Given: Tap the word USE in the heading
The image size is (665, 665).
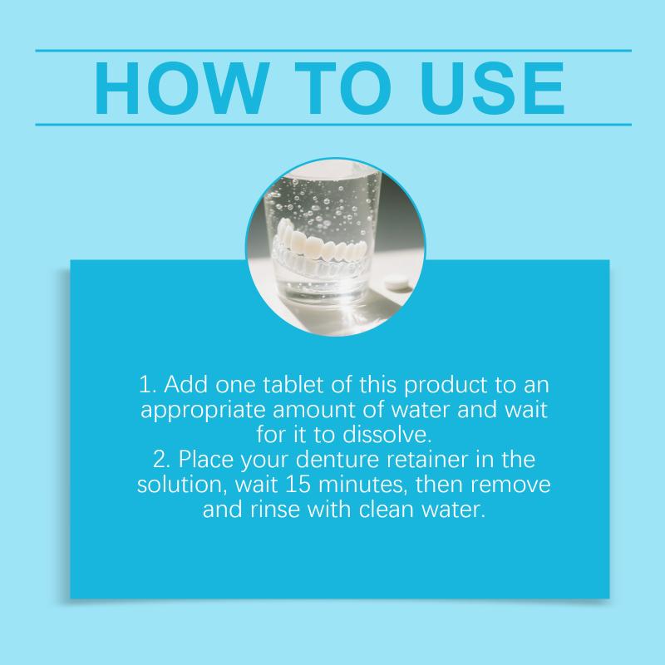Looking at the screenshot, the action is click(x=492, y=88).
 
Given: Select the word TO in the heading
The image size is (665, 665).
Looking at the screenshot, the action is click(x=342, y=88).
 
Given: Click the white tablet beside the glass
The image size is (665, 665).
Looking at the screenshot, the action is click(x=398, y=284).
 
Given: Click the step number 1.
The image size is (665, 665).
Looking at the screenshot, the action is click(x=148, y=385).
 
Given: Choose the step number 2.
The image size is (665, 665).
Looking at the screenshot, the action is click(x=161, y=460).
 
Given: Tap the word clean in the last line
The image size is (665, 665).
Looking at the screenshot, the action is click(x=387, y=509).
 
